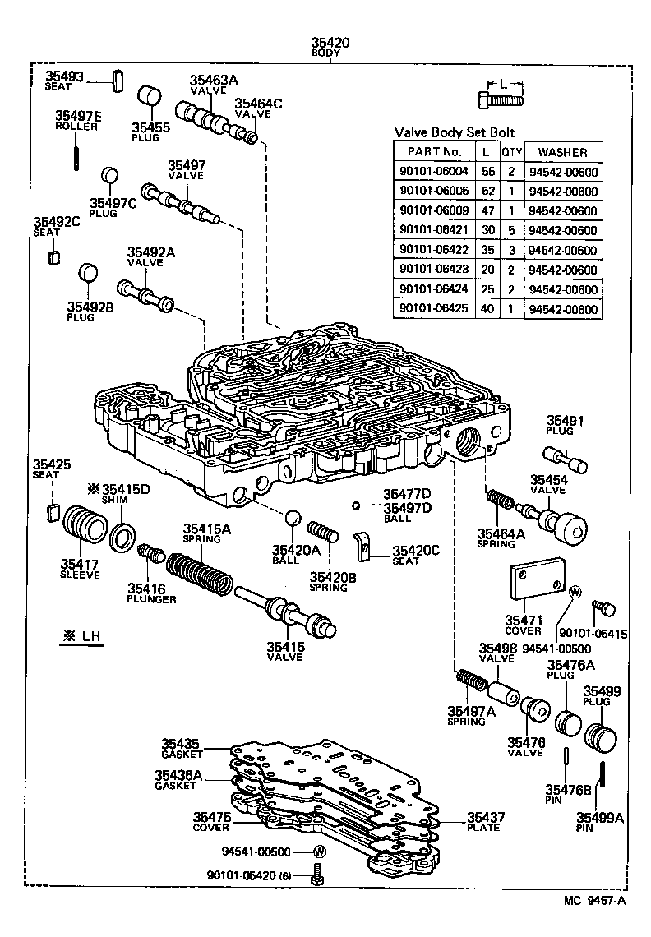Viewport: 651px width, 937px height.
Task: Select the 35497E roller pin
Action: pos(76,154)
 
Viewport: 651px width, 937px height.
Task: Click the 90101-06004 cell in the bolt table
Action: pos(433,172)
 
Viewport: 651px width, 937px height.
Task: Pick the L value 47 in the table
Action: pos(487,210)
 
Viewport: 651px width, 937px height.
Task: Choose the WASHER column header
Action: pos(563,152)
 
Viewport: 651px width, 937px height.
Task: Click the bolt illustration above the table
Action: pos(500,101)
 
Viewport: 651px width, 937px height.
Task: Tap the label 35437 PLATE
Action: pos(485,822)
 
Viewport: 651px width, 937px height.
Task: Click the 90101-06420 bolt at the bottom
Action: pos(319,877)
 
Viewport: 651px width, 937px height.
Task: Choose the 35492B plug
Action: pos(89,275)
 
